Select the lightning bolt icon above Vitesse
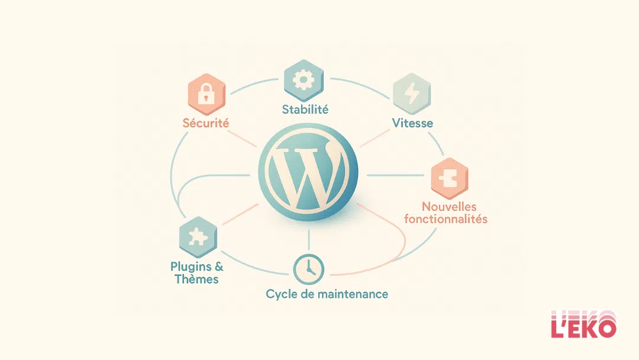point(412,92)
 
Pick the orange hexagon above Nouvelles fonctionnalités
point(448,177)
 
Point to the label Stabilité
point(305,110)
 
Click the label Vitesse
point(412,123)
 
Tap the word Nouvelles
point(449,207)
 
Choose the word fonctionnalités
point(446,219)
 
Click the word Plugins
point(190,266)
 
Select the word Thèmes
point(197,279)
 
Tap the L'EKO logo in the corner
point(583,325)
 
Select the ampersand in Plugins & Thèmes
point(218,266)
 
